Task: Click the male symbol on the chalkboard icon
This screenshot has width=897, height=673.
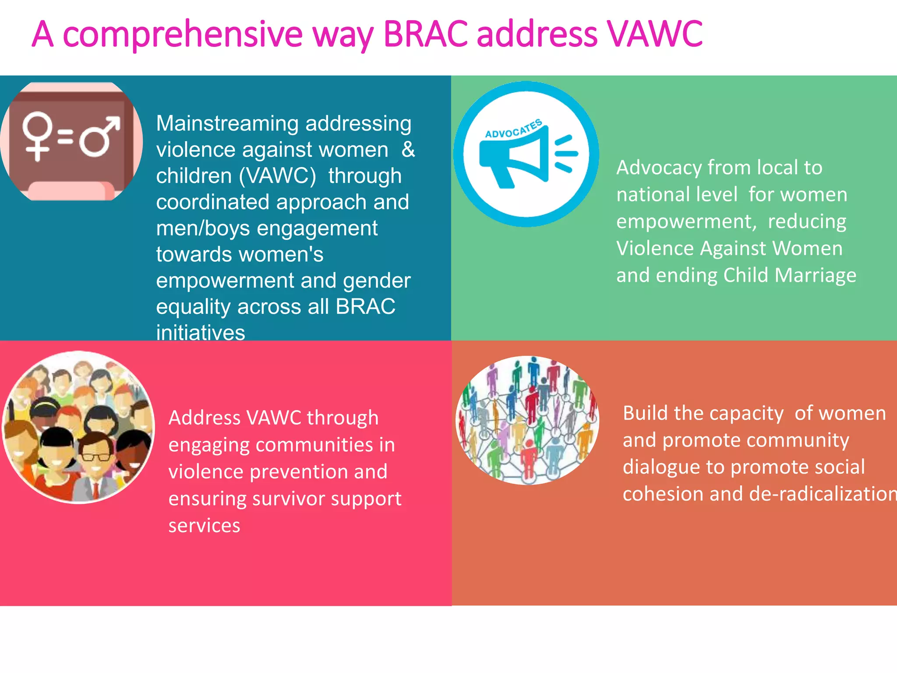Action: pyautogui.click(x=99, y=136)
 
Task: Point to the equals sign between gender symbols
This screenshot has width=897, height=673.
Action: pyautogui.click(x=65, y=136)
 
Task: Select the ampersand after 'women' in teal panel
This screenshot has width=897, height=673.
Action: pyautogui.click(x=408, y=150)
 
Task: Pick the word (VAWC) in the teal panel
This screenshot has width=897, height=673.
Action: pyautogui.click(x=277, y=176)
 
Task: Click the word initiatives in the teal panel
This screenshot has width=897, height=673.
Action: pyautogui.click(x=200, y=332)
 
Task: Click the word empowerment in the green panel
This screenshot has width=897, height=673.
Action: pyautogui.click(x=686, y=222)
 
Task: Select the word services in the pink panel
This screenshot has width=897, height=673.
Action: pyautogui.click(x=204, y=526)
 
